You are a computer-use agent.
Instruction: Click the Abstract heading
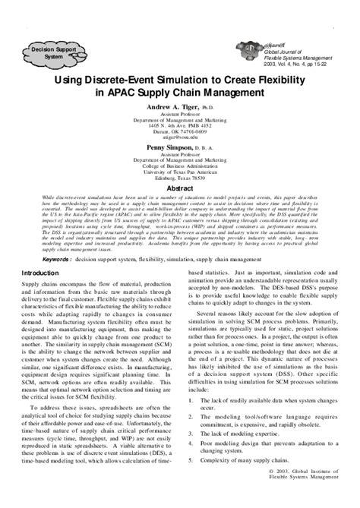[179, 185]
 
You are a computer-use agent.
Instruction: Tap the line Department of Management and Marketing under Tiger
[180, 120]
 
